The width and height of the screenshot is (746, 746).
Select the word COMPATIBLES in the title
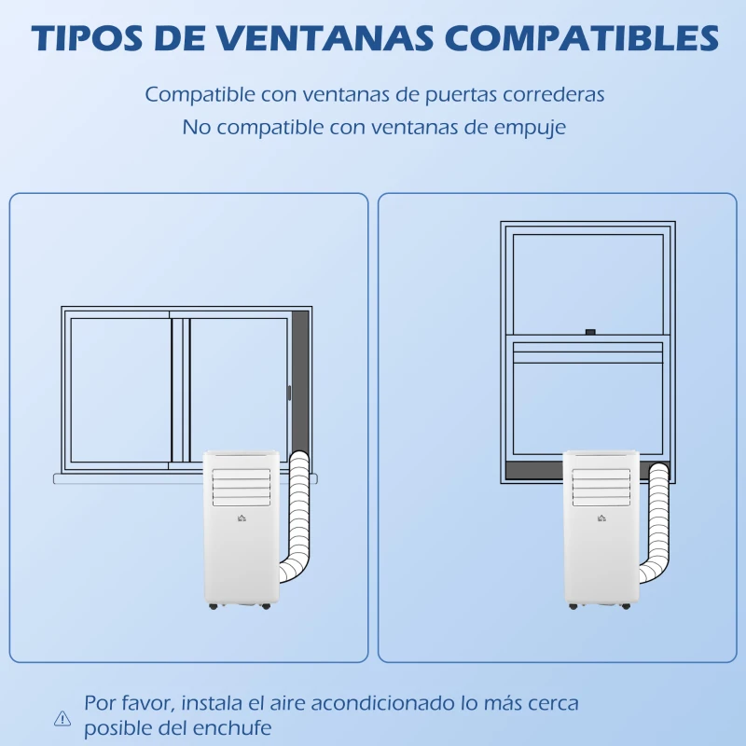(584, 38)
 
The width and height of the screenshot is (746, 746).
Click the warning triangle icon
(62, 717)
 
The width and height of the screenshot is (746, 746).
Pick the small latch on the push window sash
(589, 330)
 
